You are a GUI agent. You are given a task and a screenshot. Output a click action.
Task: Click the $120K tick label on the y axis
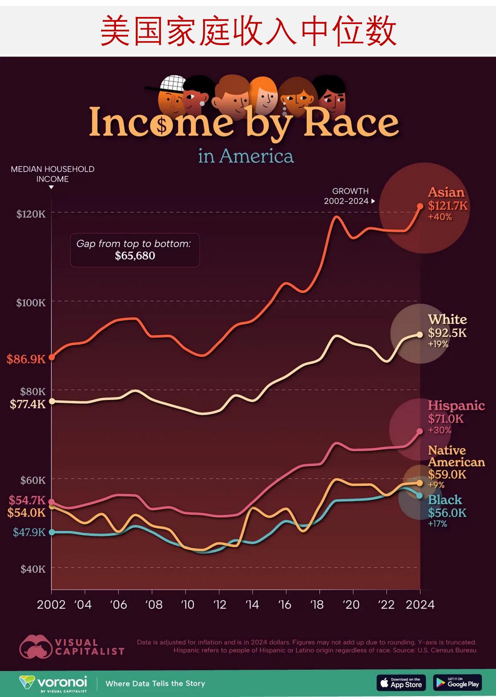pyautogui.click(x=31, y=214)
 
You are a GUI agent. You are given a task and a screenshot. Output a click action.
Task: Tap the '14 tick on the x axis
pyautogui.click(x=252, y=605)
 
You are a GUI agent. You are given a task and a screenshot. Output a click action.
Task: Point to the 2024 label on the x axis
pyautogui.click(x=420, y=605)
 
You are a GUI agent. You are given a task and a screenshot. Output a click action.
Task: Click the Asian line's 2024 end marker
pyautogui.click(x=420, y=206)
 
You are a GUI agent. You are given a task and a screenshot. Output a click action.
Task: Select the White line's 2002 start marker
pyautogui.click(x=52, y=401)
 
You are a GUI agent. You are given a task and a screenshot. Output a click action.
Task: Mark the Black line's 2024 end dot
pyautogui.click(x=419, y=496)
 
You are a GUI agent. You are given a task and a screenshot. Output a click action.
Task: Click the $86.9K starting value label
pyautogui.click(x=26, y=359)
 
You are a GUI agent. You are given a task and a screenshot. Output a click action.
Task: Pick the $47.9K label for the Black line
pyautogui.click(x=29, y=532)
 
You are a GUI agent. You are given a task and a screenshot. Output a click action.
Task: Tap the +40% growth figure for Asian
pyautogui.click(x=440, y=217)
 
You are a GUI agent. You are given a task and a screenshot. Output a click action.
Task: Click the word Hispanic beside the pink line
pyautogui.click(x=456, y=406)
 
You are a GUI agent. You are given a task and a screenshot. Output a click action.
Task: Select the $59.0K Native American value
pyautogui.click(x=447, y=474)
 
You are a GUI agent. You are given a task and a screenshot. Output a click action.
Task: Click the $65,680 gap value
pyautogui.click(x=135, y=256)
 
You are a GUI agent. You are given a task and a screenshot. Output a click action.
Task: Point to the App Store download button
pyautogui.click(x=401, y=683)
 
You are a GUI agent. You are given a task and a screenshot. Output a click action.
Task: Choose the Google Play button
pyautogui.click(x=458, y=683)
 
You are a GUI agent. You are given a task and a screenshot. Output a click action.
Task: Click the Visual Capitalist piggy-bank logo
pyautogui.click(x=35, y=647)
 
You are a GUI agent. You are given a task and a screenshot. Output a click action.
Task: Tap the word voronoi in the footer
pyautogui.click(x=62, y=682)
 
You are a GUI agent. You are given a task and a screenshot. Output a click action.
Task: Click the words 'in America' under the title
pyautogui.click(x=246, y=156)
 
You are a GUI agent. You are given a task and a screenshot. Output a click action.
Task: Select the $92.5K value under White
pyautogui.click(x=447, y=333)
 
